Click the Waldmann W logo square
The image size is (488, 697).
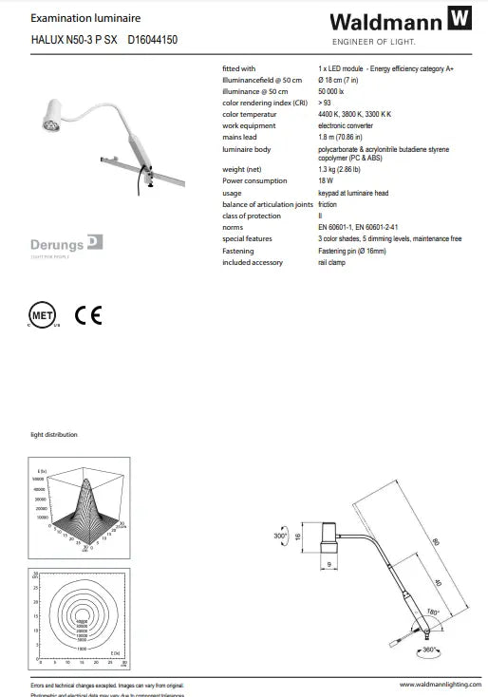click(460, 19)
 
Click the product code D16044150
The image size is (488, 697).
click(153, 40)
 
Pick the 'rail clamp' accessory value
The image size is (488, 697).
click(332, 262)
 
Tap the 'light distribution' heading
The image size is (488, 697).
click(54, 434)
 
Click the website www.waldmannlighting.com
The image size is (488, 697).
click(435, 685)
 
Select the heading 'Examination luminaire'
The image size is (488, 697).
click(72, 17)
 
